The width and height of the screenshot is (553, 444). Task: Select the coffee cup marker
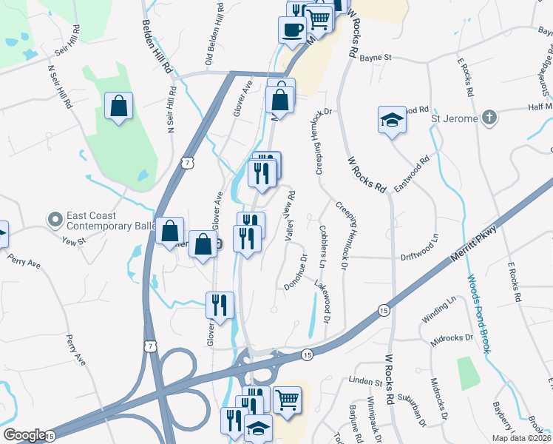291,30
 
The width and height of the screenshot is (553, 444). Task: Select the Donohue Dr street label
296,272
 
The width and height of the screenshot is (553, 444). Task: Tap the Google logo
24,435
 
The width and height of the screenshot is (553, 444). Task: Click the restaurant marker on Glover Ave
220,304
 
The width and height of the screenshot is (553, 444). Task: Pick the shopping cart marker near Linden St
287,400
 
